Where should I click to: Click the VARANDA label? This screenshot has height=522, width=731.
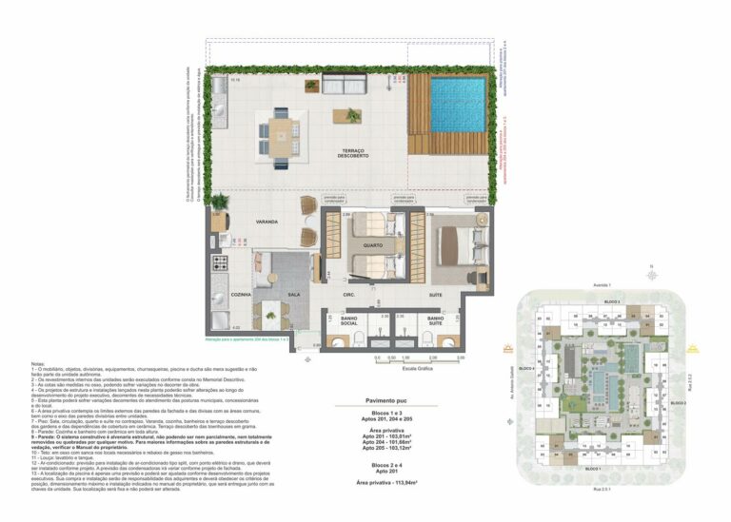tap(267, 222)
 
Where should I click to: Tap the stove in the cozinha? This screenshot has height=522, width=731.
tap(220, 262)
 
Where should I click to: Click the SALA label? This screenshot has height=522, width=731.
tap(294, 296)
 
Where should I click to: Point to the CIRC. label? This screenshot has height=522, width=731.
tap(349, 295)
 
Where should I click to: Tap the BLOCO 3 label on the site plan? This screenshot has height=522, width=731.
tap(612, 302)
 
